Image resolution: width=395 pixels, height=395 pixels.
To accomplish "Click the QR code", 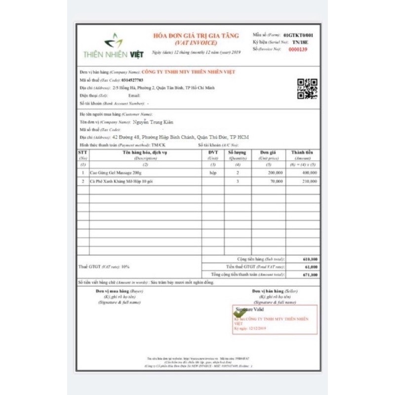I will (307, 89).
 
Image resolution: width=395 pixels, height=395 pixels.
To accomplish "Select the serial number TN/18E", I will (299, 42).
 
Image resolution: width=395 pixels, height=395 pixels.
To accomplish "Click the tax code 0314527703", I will (132, 79).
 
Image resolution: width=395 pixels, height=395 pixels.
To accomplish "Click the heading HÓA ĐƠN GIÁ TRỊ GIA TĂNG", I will (196, 36).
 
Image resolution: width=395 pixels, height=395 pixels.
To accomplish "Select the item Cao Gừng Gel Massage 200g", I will (115, 173).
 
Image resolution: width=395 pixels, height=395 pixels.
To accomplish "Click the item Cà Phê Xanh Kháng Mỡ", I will (121, 182).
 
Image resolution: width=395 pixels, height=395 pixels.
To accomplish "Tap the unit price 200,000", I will (276, 173).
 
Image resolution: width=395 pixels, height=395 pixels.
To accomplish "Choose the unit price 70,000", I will (276, 182).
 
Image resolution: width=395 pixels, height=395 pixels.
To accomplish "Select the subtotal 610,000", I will (310, 259).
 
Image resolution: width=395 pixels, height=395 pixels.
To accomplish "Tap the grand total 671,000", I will (310, 275).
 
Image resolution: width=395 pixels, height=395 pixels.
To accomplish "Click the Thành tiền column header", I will (303, 153).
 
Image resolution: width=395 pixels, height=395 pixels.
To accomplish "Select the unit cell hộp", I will (213, 173).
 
